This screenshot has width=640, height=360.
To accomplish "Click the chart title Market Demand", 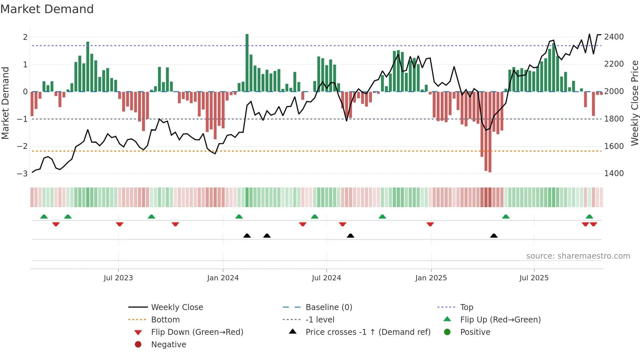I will click(x=47, y=9).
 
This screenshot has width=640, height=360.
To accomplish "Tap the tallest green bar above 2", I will click(x=247, y=62).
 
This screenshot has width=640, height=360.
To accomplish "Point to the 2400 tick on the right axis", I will click(x=614, y=37).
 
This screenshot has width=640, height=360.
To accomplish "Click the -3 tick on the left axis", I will click(x=22, y=173).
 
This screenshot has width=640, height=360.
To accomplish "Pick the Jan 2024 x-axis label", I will click(x=223, y=278).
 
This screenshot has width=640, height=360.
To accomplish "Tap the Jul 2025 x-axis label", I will click(x=534, y=278).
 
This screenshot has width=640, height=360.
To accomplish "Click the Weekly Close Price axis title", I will click(x=634, y=103).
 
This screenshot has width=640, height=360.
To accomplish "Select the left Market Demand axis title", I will click(x=5, y=103).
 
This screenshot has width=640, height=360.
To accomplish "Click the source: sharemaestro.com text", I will click(x=578, y=256).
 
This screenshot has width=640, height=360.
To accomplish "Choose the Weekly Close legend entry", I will click(x=177, y=307).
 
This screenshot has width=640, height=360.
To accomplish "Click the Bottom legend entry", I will click(x=165, y=320).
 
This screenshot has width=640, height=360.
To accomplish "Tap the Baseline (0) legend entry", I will click(x=328, y=307).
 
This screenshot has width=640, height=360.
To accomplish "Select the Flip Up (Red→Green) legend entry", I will click(x=500, y=320).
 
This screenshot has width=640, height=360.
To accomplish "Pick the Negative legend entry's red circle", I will click(x=138, y=345).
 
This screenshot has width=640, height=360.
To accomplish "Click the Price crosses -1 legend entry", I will click(x=368, y=332).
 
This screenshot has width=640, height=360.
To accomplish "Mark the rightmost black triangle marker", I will click(x=494, y=236).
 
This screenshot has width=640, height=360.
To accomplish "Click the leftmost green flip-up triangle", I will click(x=44, y=217).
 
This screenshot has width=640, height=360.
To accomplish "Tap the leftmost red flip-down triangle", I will click(x=56, y=224).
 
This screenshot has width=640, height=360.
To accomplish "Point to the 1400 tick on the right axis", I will click(x=614, y=173).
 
